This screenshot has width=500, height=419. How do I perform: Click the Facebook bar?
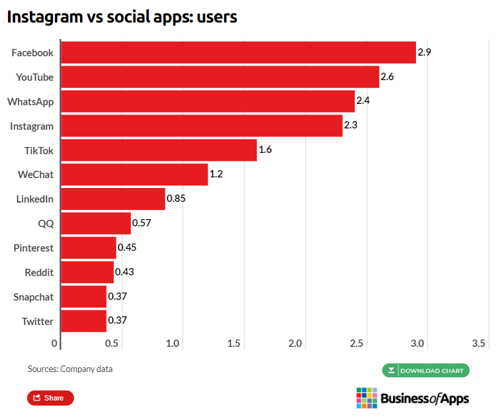click(238, 52)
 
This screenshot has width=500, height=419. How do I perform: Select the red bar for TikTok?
click(159, 150)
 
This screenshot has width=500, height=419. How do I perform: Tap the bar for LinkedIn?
click(112, 199)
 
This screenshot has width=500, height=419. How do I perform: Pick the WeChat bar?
click(134, 175)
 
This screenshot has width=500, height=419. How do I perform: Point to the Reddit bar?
click(87, 272)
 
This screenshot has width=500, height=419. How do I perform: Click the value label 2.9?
click(425, 52)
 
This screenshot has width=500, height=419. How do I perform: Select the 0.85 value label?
click(175, 198)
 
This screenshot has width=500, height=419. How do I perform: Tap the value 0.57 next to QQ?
click(142, 222)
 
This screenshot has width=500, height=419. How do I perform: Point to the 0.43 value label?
click(124, 271)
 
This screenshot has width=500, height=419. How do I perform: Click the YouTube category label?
click(34, 77)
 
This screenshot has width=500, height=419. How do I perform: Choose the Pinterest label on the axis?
click(33, 248)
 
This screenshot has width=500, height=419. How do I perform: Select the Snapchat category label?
click(33, 297)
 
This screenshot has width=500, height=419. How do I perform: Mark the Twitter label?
click(37, 321)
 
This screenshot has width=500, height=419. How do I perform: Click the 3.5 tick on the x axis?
click(479, 344)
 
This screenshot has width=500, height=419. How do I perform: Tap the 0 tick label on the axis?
click(54, 344)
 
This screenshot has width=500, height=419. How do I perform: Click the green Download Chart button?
click(425, 370)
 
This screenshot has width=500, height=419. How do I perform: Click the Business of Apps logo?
click(412, 397)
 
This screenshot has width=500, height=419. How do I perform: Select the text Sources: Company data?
click(70, 369)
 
